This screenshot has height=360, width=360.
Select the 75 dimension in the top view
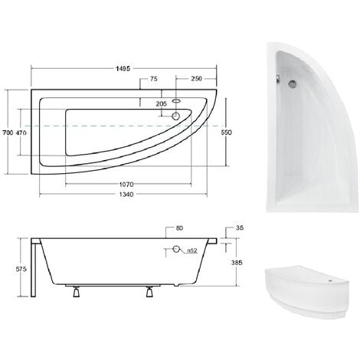pos(154,79)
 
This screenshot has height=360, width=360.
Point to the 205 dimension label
pos(160,103)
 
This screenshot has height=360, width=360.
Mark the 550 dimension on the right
pos(225,132)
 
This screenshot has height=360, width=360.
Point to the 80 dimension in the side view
pos(179,227)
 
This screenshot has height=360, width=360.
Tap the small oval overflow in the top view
pos(177,100)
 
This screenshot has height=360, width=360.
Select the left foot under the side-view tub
pos(77,291)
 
